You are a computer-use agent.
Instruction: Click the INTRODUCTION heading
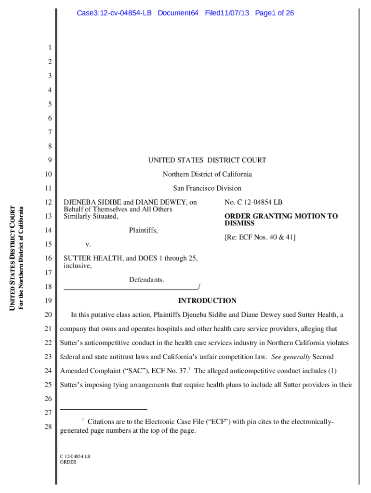[207, 301]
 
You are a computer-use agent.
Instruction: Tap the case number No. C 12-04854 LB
[253, 203]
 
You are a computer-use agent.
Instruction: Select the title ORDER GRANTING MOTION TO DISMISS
[281, 220]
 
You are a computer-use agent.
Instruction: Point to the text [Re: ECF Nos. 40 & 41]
[260, 237]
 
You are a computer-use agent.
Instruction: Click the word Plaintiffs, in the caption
[143, 231]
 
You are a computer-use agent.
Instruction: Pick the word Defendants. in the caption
[146, 280]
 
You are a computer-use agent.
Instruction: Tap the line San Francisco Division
[207, 188]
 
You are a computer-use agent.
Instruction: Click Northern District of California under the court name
[207, 174]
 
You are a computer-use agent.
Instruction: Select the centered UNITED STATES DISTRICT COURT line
[207, 160]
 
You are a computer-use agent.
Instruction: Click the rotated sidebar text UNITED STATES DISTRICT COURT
[13, 258]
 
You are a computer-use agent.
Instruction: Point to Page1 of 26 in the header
[274, 13]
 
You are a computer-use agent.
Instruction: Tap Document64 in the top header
[178, 13]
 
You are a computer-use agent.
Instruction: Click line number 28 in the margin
[48, 427]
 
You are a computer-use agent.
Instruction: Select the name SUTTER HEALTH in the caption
[89, 259]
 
